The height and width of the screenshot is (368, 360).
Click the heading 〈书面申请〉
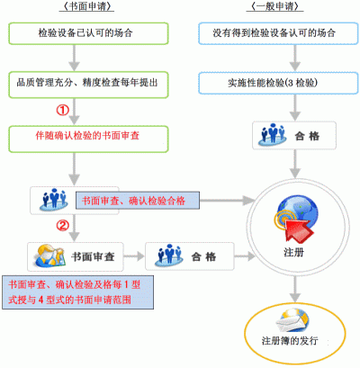pyautogui.click(x=86, y=6)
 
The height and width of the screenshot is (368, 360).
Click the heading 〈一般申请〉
pyautogui.click(x=275, y=6)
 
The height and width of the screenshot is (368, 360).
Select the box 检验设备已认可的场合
pyautogui.click(x=88, y=33)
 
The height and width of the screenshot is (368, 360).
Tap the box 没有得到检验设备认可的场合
pyautogui.click(x=278, y=33)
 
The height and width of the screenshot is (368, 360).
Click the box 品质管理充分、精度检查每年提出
pyautogui.click(x=88, y=85)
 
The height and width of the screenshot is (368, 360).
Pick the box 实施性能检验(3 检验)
pyautogui.click(x=278, y=83)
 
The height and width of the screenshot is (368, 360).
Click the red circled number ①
pyautogui.click(x=63, y=110)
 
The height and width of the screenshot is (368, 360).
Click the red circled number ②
pyautogui.click(x=63, y=225)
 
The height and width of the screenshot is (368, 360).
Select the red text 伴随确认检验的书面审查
pyautogui.click(x=87, y=136)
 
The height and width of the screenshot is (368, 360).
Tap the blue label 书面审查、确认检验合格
pyautogui.click(x=138, y=201)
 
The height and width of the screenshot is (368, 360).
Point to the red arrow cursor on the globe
pyautogui.click(x=299, y=230)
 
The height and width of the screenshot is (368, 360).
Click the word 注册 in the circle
pyautogui.click(x=293, y=252)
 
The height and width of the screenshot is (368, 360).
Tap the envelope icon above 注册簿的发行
pyautogui.click(x=292, y=321)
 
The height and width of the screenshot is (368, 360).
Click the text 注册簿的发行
pyautogui.click(x=290, y=341)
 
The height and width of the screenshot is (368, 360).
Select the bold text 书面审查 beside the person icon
pyautogui.click(x=93, y=256)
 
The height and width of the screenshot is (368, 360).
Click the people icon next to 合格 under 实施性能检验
pyautogui.click(x=273, y=134)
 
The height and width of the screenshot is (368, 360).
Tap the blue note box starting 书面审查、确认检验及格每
pyautogui.click(x=78, y=292)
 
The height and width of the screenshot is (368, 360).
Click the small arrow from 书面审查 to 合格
pyautogui.click(x=134, y=256)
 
